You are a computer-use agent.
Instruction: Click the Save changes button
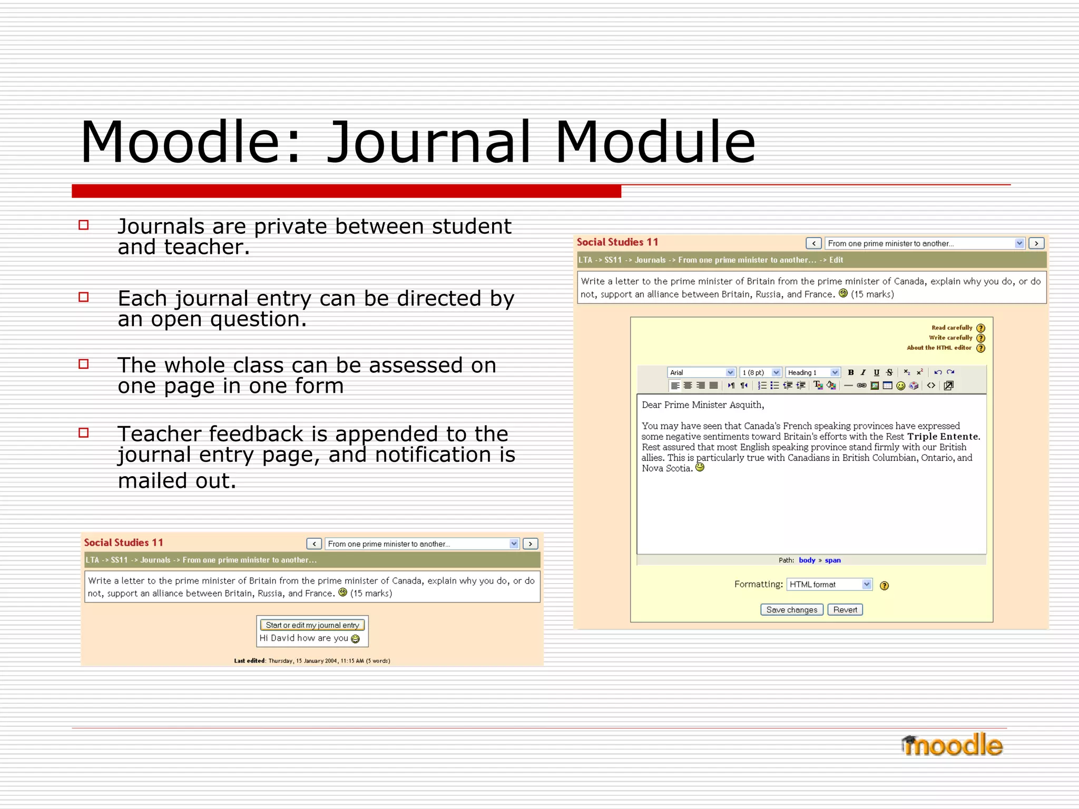tap(791, 610)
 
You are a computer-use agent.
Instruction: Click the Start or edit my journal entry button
tap(312, 625)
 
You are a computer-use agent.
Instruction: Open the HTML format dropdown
tap(829, 585)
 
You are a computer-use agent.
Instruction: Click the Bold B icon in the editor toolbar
tap(850, 372)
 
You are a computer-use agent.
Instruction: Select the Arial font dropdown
tap(701, 372)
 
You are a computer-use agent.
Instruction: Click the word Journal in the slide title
tap(428, 142)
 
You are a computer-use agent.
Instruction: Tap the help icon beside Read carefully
tap(980, 328)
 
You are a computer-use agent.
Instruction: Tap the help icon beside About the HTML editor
tap(980, 348)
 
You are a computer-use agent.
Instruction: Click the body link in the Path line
tap(807, 560)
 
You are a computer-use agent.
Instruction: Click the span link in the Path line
tap(832, 560)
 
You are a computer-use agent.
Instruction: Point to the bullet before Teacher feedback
tap(84, 433)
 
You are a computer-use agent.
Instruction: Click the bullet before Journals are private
tap(84, 225)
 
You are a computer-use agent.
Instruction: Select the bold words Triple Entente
tap(943, 437)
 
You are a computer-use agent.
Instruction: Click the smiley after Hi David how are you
tap(356, 639)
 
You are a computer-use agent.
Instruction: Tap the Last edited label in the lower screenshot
tap(250, 661)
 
